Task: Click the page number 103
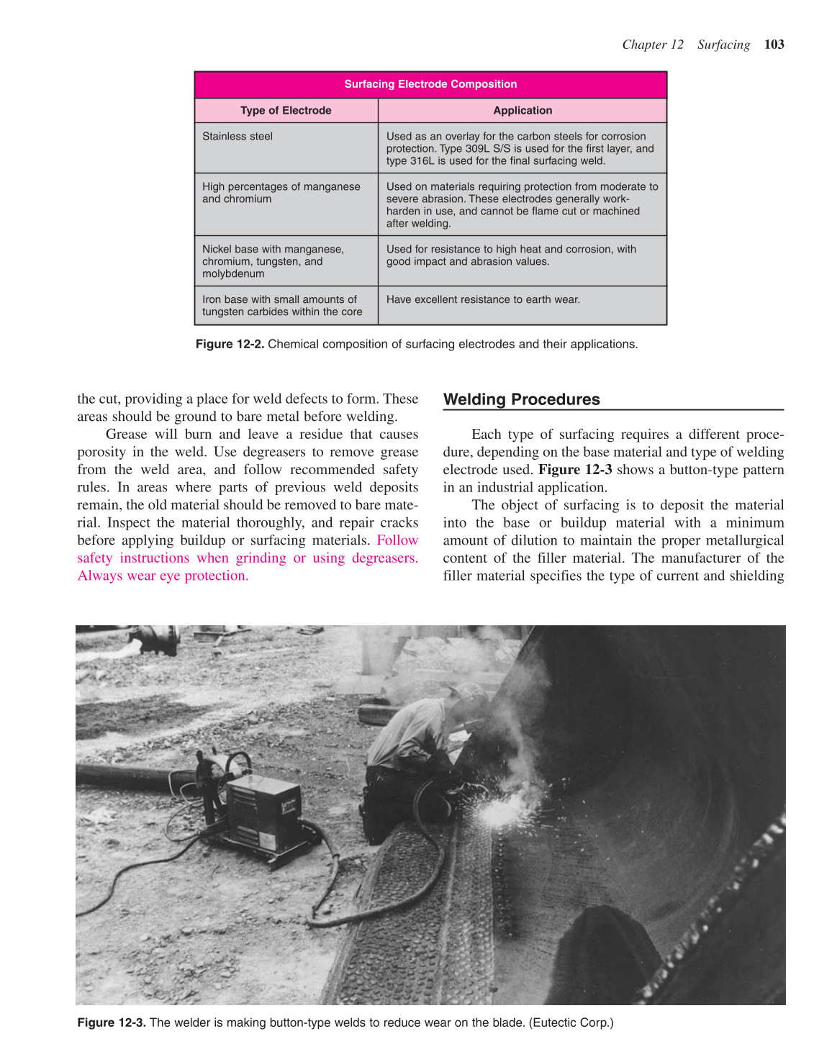click(774, 45)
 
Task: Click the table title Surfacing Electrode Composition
click(430, 84)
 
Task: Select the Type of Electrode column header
click(286, 110)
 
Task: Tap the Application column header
click(523, 110)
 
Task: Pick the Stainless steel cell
click(238, 137)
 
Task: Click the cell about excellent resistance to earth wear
click(483, 299)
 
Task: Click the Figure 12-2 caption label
click(230, 344)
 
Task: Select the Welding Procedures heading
click(521, 399)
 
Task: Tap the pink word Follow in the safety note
click(397, 540)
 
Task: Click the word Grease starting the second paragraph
click(126, 435)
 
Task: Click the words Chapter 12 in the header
click(652, 45)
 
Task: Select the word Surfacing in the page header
click(723, 45)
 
